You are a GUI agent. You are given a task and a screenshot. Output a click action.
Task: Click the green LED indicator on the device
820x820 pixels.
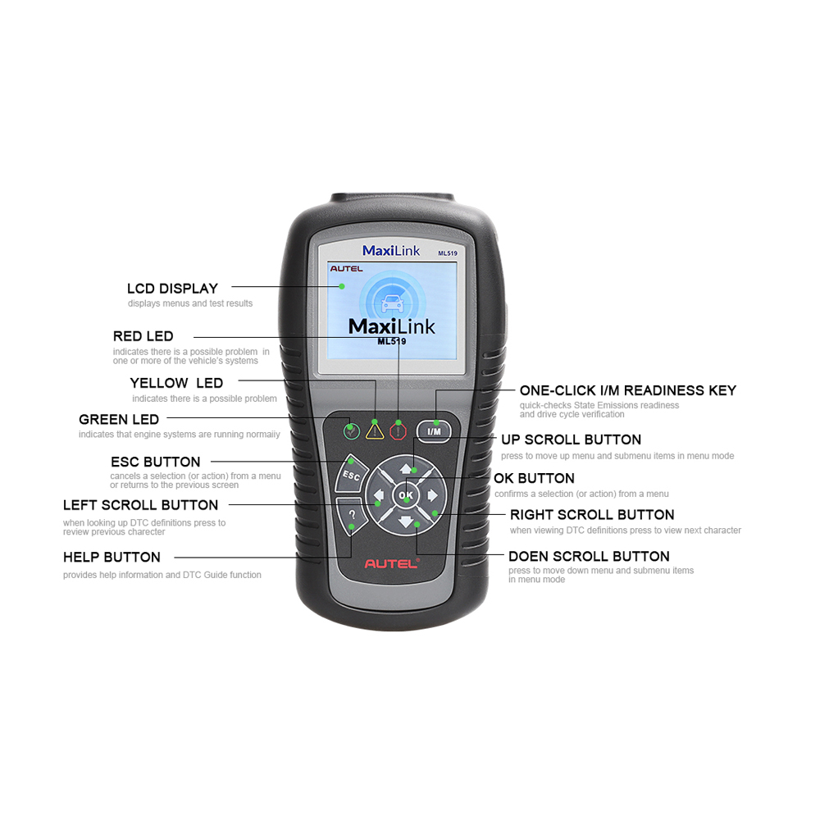[352, 428]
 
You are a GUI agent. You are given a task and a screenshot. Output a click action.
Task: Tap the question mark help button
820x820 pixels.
[352, 516]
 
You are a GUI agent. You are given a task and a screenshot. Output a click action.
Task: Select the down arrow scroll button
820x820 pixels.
[406, 520]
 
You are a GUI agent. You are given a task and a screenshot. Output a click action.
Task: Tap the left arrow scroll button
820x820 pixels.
[380, 495]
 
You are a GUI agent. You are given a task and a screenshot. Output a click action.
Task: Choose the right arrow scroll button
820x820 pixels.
[431, 495]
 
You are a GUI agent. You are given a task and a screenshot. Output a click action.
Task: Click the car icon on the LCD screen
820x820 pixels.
[391, 301]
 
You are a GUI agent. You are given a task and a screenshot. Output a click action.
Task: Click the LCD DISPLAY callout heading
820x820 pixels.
[172, 289]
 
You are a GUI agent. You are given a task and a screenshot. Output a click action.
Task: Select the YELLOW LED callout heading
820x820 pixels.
[176, 383]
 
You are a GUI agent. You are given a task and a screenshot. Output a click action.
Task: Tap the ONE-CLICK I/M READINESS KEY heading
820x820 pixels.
[627, 390]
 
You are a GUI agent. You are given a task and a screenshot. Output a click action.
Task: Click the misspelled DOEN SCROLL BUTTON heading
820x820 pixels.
[589, 556]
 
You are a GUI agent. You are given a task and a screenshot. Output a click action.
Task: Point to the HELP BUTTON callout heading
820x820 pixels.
[112, 558]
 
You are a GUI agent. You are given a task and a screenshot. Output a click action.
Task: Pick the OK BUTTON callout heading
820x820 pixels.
[534, 478]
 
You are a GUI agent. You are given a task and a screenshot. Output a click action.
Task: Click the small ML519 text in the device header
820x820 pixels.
[447, 253]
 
